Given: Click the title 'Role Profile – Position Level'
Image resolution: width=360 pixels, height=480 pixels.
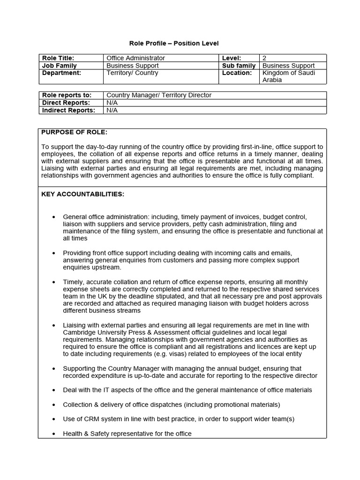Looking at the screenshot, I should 174,44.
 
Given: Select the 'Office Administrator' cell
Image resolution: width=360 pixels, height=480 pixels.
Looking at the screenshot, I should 135,58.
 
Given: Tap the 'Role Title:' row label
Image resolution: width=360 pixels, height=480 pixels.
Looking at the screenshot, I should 58,58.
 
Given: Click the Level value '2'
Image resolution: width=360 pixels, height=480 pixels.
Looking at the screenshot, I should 264,58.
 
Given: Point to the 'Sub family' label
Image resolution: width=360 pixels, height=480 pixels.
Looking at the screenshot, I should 239,66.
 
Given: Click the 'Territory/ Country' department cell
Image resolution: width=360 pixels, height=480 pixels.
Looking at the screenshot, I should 132,73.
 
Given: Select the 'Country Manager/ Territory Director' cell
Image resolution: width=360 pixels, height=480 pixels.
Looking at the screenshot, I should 159,95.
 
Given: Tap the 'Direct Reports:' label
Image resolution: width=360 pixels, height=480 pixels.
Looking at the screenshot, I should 66,103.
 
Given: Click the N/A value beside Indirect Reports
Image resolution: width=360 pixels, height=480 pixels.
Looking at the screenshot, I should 112,110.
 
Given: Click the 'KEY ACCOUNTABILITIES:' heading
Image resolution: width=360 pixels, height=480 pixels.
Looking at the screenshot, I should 83,194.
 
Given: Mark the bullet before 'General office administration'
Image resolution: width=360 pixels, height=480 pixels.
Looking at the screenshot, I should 54,217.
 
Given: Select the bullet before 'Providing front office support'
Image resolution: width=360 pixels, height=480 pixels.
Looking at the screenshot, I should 54,253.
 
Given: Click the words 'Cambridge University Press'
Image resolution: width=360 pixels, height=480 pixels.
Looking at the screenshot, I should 101,332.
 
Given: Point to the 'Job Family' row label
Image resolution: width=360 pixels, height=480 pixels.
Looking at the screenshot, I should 60,66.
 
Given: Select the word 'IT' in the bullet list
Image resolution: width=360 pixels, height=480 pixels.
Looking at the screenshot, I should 102,390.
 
